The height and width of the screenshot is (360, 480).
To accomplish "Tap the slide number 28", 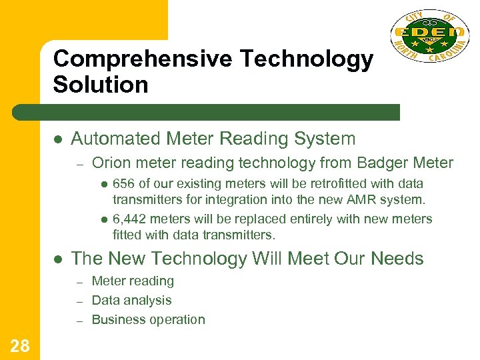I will point(20,345).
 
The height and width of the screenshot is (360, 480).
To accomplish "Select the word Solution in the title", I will point(101,85).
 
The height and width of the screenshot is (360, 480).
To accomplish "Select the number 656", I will point(124,183).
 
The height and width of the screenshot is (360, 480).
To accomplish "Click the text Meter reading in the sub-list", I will point(133,281).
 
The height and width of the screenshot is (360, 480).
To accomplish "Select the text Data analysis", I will point(131,301).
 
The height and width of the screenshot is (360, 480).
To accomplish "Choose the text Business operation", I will point(148,320).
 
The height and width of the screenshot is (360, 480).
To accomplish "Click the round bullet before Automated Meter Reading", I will point(58,139).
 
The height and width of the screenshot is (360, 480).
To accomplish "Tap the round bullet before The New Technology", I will point(58,258).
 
